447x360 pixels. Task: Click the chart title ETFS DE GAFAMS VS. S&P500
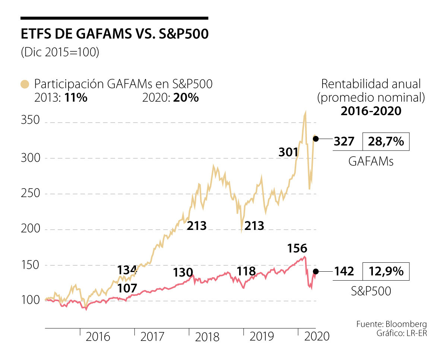pyautogui.click(x=114, y=34)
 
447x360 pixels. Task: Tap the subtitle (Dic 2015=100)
pyautogui.click(x=60, y=53)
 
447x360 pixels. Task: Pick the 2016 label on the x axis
pyautogui.click(x=98, y=337)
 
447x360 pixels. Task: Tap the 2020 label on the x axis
pyautogui.click(x=317, y=337)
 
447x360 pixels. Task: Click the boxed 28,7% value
pyautogui.click(x=386, y=141)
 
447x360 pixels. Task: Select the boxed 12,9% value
pyautogui.click(x=386, y=271)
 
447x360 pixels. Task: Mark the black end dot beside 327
pyautogui.click(x=316, y=139)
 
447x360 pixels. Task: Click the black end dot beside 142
pyautogui.click(x=316, y=271)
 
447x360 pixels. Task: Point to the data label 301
pyautogui.click(x=288, y=152)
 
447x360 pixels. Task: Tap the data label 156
pyautogui.click(x=297, y=249)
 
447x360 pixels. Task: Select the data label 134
pyautogui.click(x=127, y=270)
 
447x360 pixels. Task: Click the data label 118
pyautogui.click(x=246, y=271)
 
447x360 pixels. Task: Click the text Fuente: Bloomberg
pyautogui.click(x=391, y=323)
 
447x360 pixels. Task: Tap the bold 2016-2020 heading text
pyautogui.click(x=371, y=111)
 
